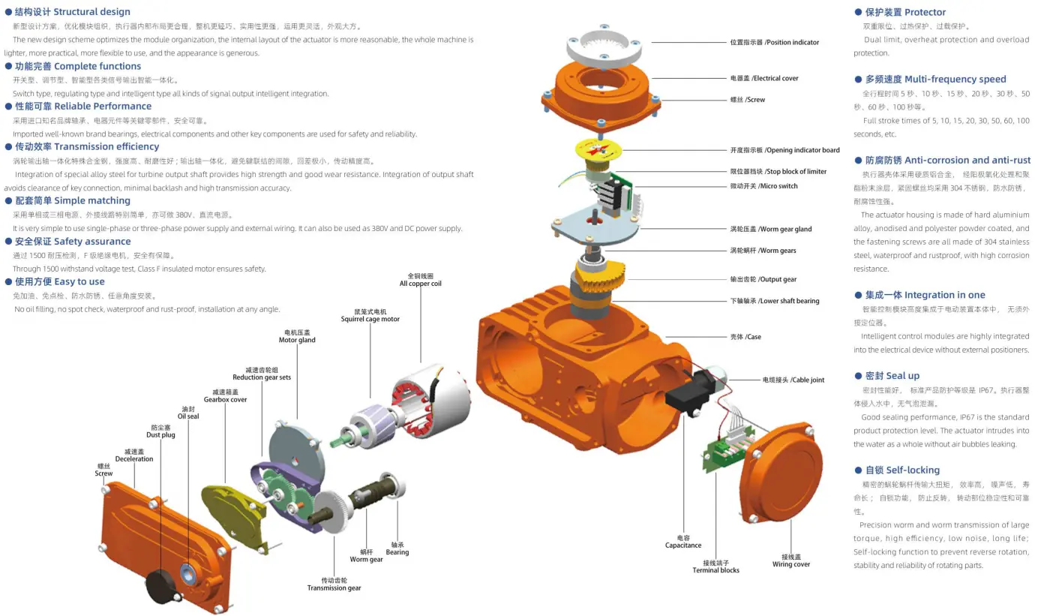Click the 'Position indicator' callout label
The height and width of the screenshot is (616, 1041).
[x=774, y=43]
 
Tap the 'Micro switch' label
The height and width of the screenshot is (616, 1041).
[x=763, y=186]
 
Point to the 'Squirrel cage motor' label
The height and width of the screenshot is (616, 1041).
[x=370, y=316]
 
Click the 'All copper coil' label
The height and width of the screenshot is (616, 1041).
[x=420, y=280]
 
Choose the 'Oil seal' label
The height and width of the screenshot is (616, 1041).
[x=188, y=413]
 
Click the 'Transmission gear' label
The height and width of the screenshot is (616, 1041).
[x=334, y=584]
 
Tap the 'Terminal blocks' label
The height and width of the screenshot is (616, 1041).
[x=715, y=566]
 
